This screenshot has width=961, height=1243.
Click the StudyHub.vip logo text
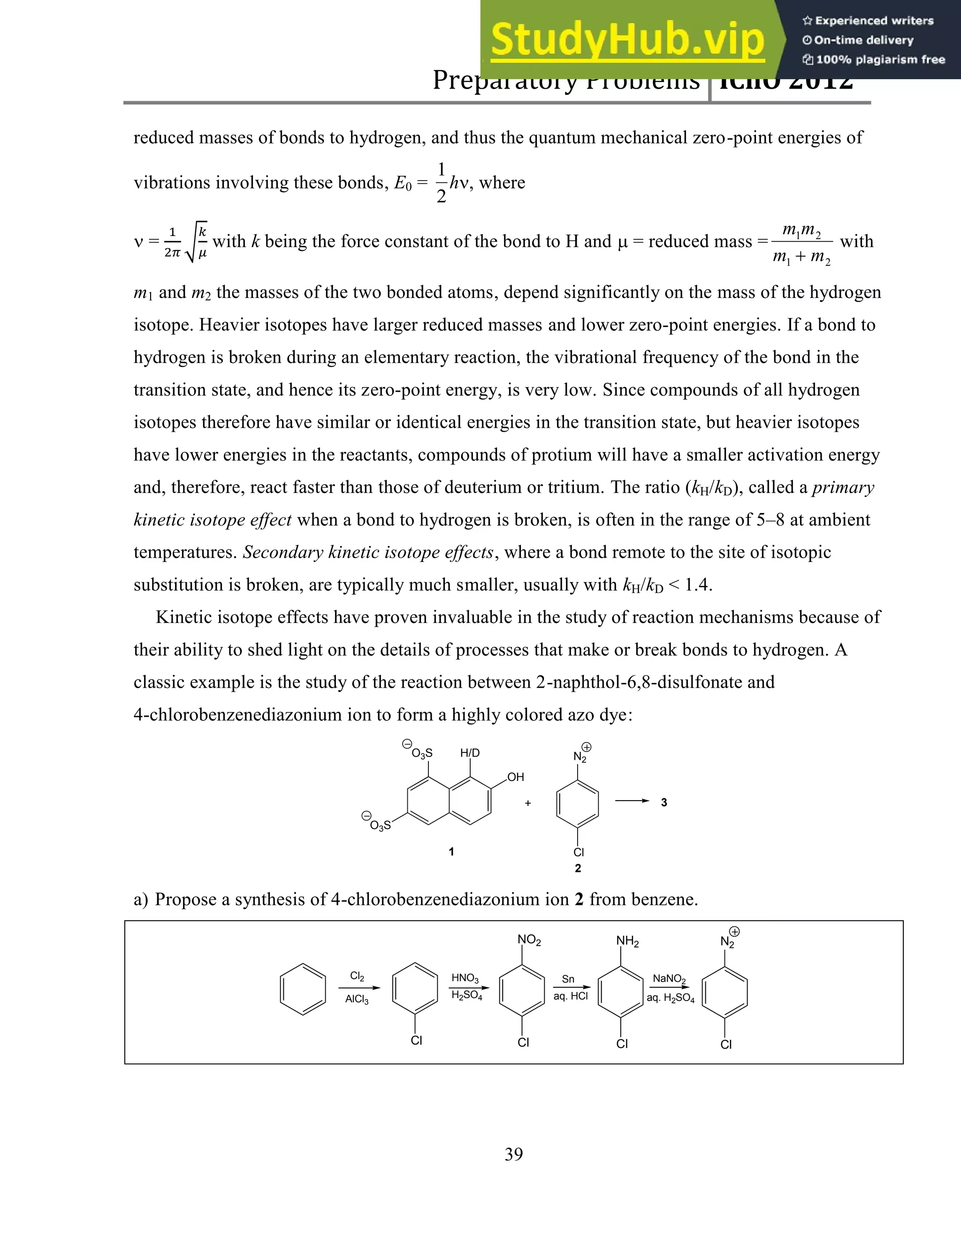click(x=627, y=40)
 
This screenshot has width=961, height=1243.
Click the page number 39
click(x=513, y=1154)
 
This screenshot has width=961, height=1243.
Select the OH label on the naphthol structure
click(x=515, y=777)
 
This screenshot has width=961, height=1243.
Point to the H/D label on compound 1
click(x=470, y=753)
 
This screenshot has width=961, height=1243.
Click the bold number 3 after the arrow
click(x=664, y=803)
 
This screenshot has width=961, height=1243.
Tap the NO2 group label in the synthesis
click(x=529, y=940)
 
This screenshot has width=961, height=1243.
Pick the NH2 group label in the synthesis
click(x=627, y=941)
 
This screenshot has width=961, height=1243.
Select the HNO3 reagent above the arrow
click(x=465, y=978)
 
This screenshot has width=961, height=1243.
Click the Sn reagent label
click(x=568, y=979)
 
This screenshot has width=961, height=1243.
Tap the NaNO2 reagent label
click(x=669, y=978)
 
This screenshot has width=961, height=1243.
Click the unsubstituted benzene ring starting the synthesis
click(x=303, y=989)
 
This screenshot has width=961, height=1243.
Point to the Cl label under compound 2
click(x=579, y=852)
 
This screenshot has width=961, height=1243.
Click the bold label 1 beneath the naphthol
click(x=451, y=851)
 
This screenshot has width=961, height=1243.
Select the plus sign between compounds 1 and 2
click(x=528, y=803)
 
